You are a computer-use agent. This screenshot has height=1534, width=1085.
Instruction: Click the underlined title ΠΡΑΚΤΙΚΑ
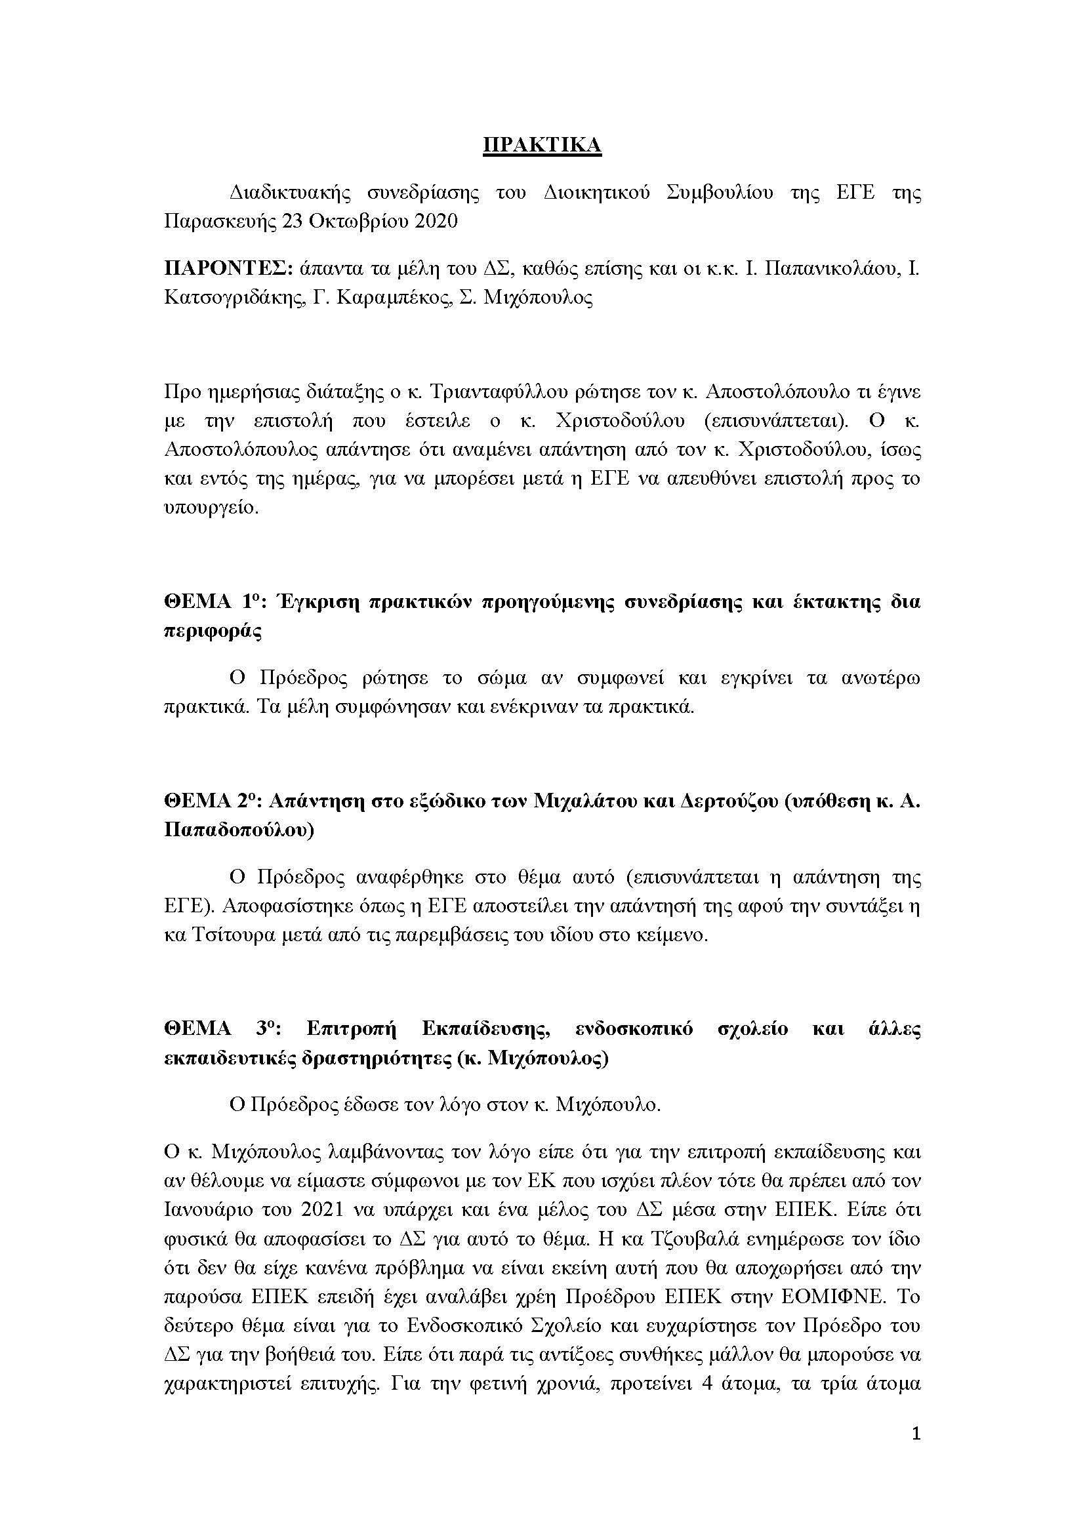pos(542,146)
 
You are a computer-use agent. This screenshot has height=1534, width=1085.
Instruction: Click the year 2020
pos(436,222)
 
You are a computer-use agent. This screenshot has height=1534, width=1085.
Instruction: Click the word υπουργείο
pos(210,506)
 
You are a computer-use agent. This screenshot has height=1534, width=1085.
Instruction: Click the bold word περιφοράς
pos(213,632)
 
